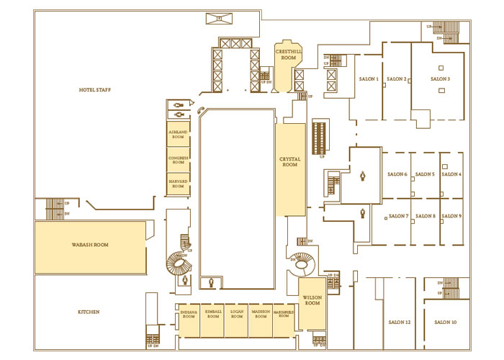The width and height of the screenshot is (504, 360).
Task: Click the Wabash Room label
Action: [x=90, y=245]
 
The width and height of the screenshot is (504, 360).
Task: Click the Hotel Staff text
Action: [x=99, y=89]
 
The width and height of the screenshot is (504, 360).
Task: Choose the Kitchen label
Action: [x=89, y=312]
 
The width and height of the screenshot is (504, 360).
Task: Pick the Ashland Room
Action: [x=179, y=136]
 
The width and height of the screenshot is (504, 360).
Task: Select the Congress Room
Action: [x=179, y=160]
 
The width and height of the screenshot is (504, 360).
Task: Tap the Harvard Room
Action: [x=179, y=184]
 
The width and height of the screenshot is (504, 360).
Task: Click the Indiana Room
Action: [x=189, y=315]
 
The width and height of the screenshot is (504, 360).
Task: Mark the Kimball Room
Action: [x=212, y=315]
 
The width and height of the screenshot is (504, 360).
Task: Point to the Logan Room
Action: [x=236, y=315]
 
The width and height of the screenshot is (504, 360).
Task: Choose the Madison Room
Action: [x=261, y=315]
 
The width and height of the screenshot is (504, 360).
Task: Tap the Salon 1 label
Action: [x=368, y=78]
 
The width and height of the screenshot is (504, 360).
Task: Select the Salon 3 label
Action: [x=440, y=78]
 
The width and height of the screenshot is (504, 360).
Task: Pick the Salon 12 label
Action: [x=398, y=322]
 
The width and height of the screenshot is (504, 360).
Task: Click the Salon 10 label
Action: [x=446, y=322]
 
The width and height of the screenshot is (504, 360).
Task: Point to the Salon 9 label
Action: [x=451, y=216]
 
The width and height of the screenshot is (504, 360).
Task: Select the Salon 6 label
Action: [x=397, y=174]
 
